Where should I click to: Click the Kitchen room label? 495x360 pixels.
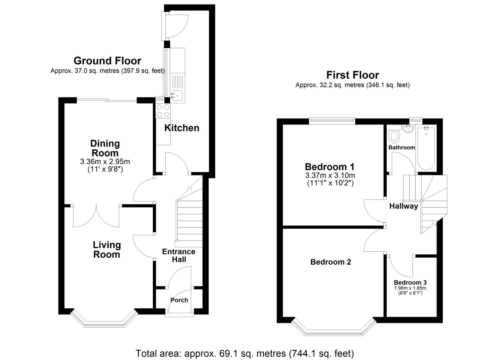click(x=182, y=128)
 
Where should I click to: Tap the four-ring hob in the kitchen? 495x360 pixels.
click(x=163, y=111)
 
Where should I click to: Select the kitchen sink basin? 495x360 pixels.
click(x=177, y=95)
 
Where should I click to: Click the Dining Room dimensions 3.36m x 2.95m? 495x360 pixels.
click(x=105, y=162)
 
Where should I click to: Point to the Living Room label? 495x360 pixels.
click(x=107, y=250)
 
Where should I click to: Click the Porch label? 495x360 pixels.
click(x=179, y=300)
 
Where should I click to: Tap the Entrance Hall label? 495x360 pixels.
click(x=179, y=256)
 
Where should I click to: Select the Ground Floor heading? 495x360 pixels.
click(x=107, y=61)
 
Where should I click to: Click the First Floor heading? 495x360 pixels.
click(x=352, y=75)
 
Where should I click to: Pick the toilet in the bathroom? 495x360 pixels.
click(x=395, y=136)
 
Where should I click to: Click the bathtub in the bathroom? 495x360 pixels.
click(x=426, y=148)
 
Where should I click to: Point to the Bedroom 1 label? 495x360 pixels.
click(x=330, y=167)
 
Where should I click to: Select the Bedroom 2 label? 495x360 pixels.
click(x=331, y=262)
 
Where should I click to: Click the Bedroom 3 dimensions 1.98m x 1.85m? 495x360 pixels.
click(x=410, y=288)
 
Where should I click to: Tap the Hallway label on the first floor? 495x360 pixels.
click(x=403, y=206)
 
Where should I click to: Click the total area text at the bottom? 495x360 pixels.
click(x=245, y=353)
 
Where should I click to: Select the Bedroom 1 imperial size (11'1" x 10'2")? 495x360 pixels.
click(x=330, y=183)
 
